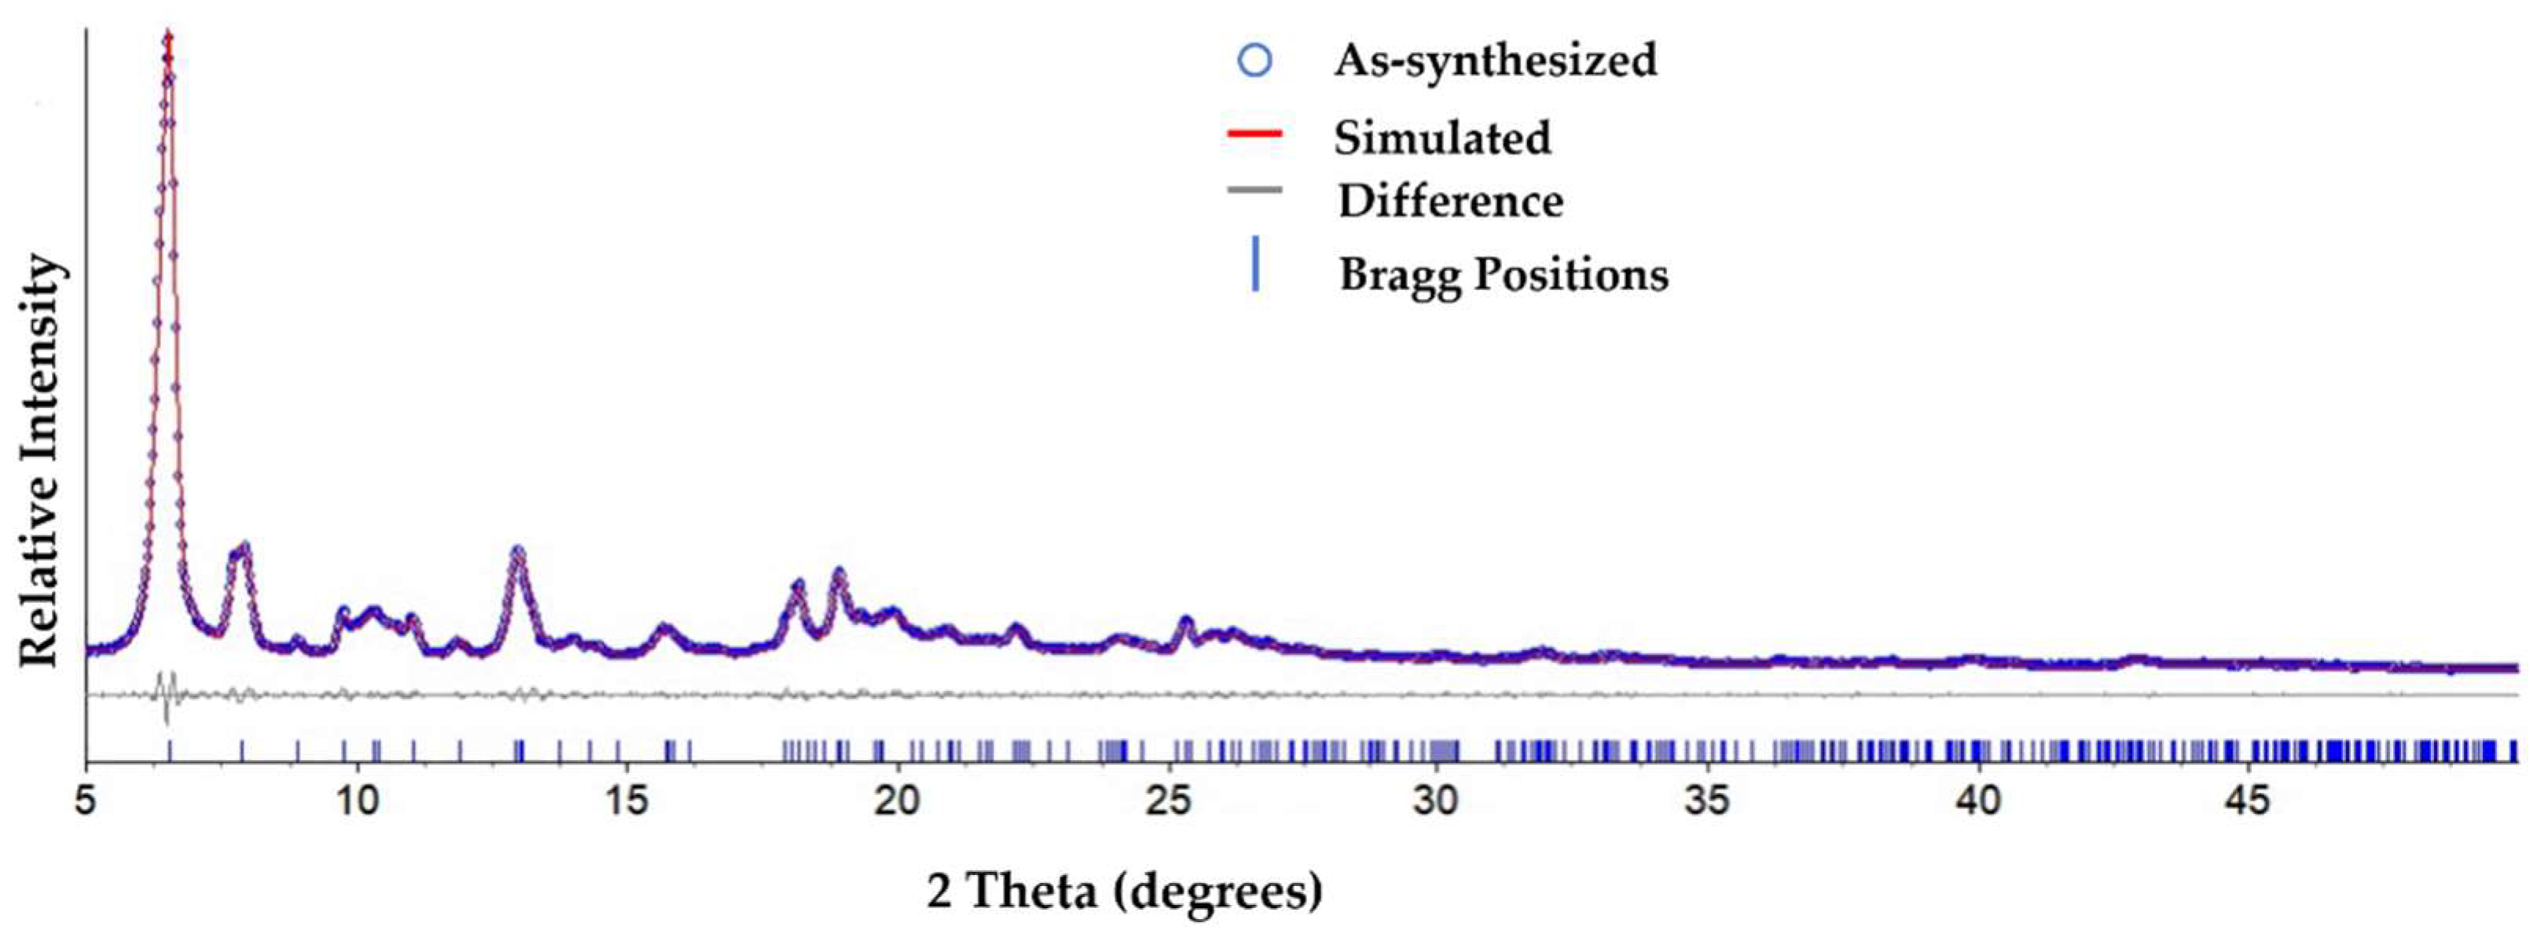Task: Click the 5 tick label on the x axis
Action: (86, 800)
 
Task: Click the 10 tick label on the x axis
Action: (357, 800)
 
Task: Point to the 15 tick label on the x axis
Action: (626, 800)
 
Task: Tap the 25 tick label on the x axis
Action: (1167, 800)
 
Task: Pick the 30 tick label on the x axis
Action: (1436, 800)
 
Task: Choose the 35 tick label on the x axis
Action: (1707, 800)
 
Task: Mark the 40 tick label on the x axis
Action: (1977, 800)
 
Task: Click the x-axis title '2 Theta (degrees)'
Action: (1125, 891)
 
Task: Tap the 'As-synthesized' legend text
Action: (1495, 60)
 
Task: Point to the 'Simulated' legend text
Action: (1442, 137)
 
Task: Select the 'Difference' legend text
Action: (1450, 201)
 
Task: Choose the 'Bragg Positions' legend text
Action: (1503, 273)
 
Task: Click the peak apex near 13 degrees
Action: (518, 552)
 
